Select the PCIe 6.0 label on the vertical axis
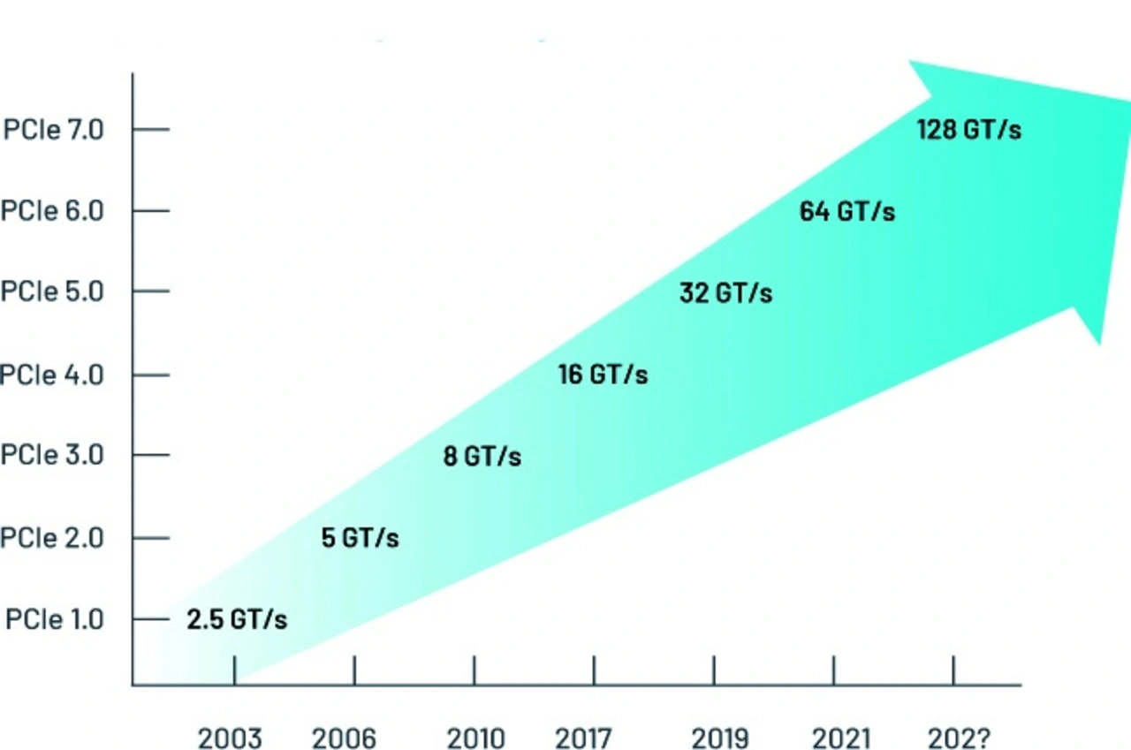(x=52, y=211)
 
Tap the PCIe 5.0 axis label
(x=52, y=292)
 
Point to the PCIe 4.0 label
(x=52, y=375)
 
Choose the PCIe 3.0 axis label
(x=52, y=455)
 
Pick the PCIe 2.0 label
(x=52, y=537)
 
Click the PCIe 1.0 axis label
(x=55, y=619)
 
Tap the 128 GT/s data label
(x=968, y=131)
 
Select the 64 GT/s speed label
(x=846, y=212)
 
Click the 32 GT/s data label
(x=725, y=293)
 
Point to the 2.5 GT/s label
(x=237, y=620)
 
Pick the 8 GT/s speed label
(x=482, y=457)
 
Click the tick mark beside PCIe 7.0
(x=150, y=130)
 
